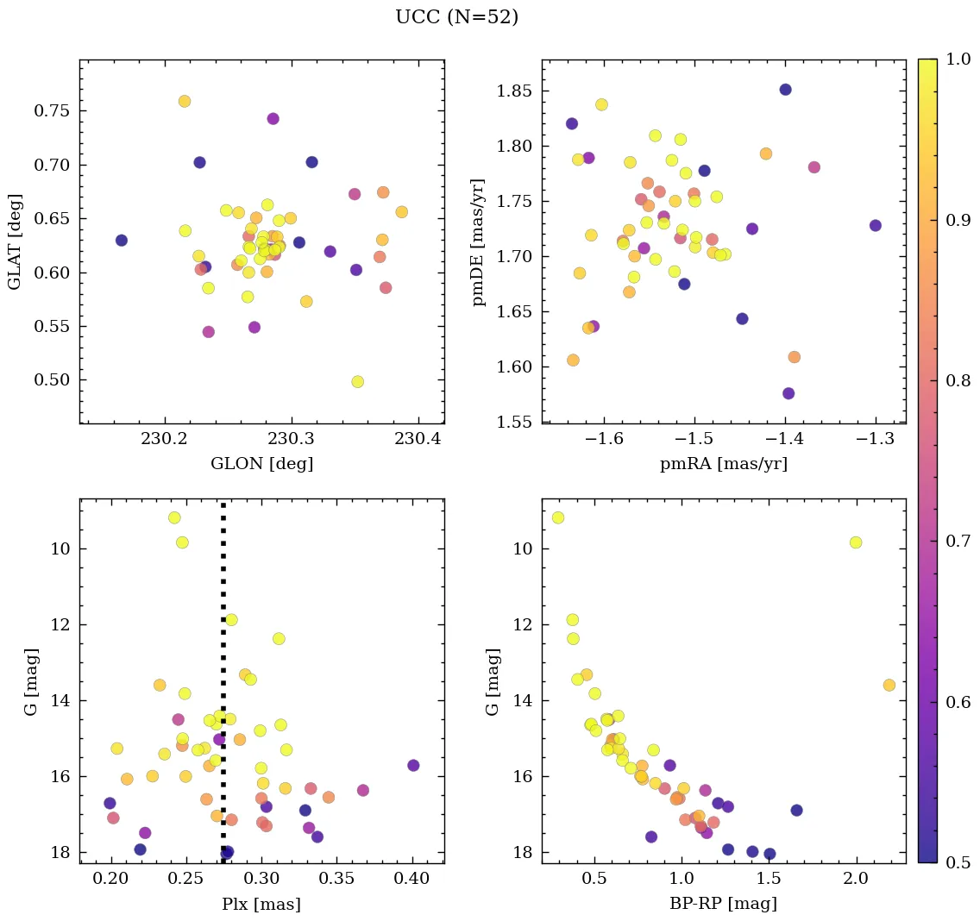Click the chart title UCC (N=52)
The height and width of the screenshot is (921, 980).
[x=456, y=17]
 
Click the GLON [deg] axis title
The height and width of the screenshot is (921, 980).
[x=261, y=464]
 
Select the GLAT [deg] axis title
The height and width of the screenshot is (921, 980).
[x=15, y=241]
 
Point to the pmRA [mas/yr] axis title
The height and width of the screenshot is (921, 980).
[x=723, y=464]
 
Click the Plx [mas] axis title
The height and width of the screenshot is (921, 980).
[x=261, y=904]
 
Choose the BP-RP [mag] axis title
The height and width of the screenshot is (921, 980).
[x=723, y=904]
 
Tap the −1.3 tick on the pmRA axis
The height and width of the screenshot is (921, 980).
[x=876, y=439]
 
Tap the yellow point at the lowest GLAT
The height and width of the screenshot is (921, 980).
[x=358, y=382]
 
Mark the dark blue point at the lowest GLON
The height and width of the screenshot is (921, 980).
[x=122, y=241]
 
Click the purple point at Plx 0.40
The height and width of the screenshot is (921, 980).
[x=413, y=766]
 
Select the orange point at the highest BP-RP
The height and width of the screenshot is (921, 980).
[x=889, y=685]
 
